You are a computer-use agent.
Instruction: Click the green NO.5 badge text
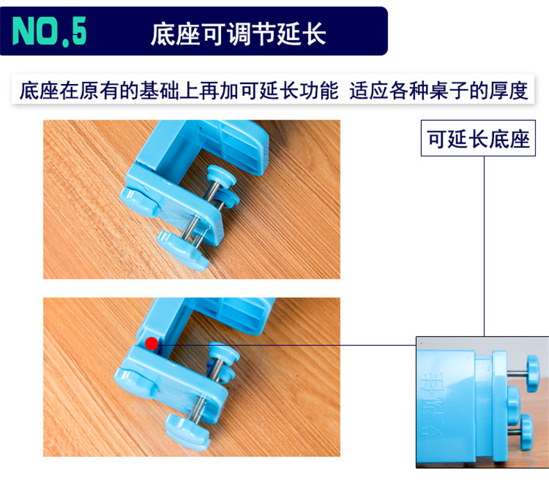point(49,31)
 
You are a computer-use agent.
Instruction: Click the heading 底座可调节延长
point(238,34)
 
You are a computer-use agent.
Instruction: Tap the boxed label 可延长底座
point(478,138)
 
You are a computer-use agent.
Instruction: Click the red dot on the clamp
point(151,344)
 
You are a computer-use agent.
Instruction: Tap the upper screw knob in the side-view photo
point(532,374)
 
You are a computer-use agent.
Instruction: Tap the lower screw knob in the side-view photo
point(526,431)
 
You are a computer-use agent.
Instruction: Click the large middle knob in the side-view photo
point(514,402)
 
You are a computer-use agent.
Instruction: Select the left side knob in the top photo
point(139,202)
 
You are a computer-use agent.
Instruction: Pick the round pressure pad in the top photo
point(222,175)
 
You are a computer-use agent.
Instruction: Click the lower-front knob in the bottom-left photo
point(188,431)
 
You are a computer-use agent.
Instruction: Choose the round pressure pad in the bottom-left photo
point(224,351)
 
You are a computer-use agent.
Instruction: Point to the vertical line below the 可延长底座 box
point(484,246)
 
